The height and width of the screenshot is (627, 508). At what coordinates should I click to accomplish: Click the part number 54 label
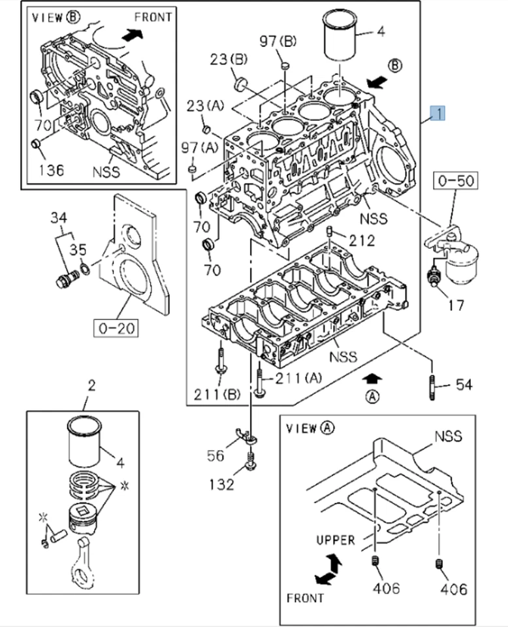tap(464, 384)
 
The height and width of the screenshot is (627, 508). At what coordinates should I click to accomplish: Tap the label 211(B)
tap(217, 393)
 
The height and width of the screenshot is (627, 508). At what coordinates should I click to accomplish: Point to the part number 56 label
tap(216, 456)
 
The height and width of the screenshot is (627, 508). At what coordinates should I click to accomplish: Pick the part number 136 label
tap(50, 170)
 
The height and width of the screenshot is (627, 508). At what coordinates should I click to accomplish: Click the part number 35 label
tap(78, 248)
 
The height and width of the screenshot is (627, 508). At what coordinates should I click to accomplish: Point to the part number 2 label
tap(91, 385)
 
